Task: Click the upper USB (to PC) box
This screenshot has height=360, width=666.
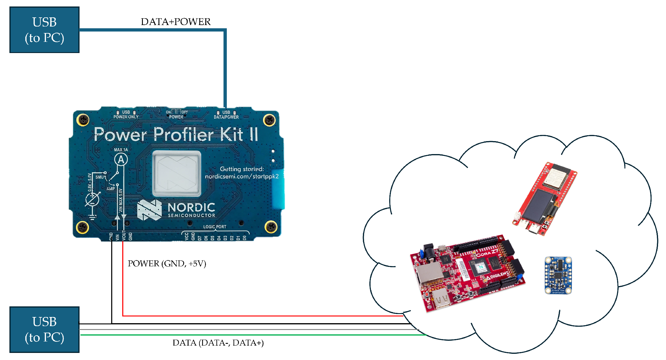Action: click(44, 30)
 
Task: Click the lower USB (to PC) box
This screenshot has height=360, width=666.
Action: click(44, 329)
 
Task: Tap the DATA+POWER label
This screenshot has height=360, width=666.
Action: click(176, 22)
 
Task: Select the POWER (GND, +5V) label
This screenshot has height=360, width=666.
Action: click(167, 263)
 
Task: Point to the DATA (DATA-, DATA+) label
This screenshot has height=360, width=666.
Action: click(218, 343)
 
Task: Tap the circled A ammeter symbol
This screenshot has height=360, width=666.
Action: click(121, 160)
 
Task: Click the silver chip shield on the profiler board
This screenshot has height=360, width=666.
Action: click(177, 174)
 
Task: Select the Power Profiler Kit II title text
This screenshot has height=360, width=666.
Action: click(176, 135)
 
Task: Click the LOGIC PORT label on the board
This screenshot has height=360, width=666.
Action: click(215, 227)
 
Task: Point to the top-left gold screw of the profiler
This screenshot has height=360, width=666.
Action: click(83, 120)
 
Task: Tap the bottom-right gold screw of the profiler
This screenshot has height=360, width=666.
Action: click(271, 227)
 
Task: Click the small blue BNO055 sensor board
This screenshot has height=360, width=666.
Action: click(558, 275)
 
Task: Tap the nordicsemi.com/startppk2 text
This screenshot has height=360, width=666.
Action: click(242, 176)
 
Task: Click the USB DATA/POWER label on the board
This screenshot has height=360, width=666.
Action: click(226, 115)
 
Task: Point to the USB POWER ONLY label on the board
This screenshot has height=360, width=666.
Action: click(126, 115)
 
